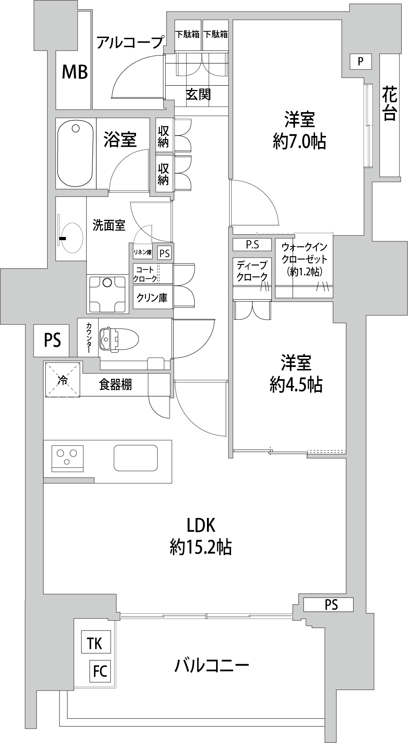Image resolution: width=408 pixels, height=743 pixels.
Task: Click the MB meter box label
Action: pos(75,72)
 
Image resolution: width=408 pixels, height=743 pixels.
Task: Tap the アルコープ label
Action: pos(130,42)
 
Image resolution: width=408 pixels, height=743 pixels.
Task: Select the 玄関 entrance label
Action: pos(198,95)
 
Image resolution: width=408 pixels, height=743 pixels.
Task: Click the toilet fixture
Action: pos(118,339)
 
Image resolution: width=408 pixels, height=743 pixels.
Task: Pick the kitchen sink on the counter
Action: pos(136,458)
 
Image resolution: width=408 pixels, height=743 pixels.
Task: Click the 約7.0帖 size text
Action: pos(299,141)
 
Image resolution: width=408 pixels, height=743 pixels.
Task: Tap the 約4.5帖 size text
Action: pos(296,384)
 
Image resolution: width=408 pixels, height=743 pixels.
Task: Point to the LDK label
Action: pos(201,525)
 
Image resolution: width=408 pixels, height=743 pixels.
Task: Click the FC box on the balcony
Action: pos(100,671)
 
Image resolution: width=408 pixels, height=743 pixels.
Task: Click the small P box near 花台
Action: pos(360,61)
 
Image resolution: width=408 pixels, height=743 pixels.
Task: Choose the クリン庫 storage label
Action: pos(152,298)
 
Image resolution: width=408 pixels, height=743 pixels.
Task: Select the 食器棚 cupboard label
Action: pos(115,384)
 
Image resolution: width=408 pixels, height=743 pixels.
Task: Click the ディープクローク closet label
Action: pos(252,271)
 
